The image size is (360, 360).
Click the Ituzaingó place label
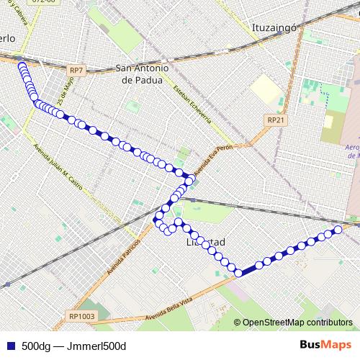tap(275, 28)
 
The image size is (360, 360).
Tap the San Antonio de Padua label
tap(142, 75)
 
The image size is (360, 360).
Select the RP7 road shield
tap(77, 70)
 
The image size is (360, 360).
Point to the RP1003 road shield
tap(82, 315)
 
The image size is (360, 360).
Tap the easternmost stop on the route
tap(337, 230)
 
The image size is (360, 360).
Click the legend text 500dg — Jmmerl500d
tap(73, 346)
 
